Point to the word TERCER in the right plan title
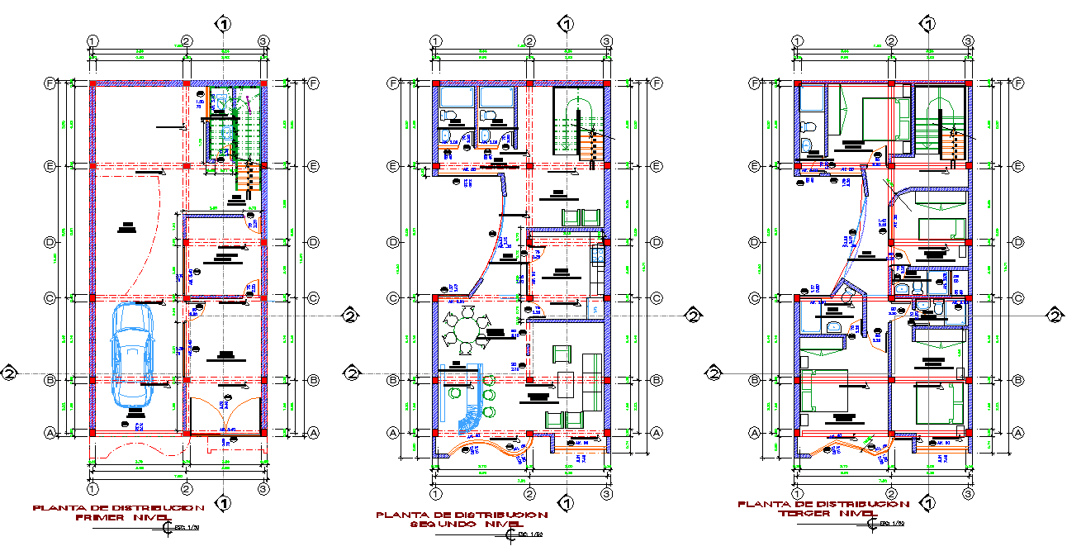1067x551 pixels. (801, 513)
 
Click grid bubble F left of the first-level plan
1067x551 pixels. (49, 83)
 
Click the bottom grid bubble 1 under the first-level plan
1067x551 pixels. (93, 489)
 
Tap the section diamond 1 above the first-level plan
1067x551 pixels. (223, 23)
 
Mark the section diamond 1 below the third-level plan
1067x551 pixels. (928, 502)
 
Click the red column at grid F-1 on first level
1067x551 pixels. (93, 83)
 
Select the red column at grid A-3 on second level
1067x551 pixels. (606, 432)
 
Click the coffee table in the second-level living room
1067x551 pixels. (566, 384)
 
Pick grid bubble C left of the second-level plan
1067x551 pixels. (395, 298)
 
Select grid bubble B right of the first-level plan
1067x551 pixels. (313, 380)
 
